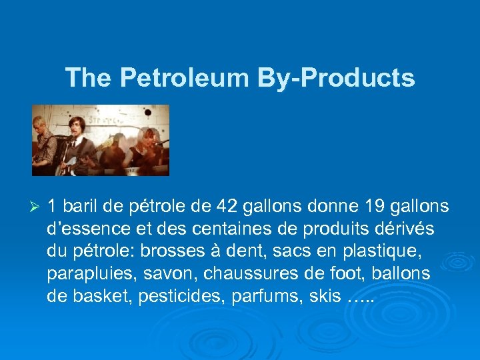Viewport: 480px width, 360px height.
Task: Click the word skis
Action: point(325,295)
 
